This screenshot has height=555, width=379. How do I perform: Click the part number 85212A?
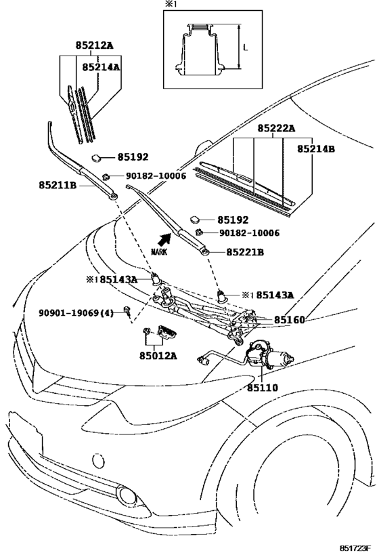(94, 45)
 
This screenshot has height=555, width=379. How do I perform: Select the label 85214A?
(101, 67)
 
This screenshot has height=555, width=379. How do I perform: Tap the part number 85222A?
(276, 128)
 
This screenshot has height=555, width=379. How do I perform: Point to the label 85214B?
(315, 149)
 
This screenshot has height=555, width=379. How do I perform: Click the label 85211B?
(58, 185)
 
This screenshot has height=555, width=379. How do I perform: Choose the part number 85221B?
(245, 252)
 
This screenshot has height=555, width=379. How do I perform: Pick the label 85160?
(289, 320)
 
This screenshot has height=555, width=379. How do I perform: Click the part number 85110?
(263, 388)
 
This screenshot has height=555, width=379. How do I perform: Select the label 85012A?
(158, 355)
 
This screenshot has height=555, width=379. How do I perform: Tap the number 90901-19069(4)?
(76, 313)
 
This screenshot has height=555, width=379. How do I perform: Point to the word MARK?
(159, 252)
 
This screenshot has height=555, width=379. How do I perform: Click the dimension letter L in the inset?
(246, 47)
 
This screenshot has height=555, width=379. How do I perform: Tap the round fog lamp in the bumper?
(127, 495)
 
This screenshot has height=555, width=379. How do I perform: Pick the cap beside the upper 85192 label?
(96, 157)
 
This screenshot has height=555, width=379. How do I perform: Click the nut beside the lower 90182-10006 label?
(200, 232)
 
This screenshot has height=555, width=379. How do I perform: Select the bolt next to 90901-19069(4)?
(127, 311)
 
